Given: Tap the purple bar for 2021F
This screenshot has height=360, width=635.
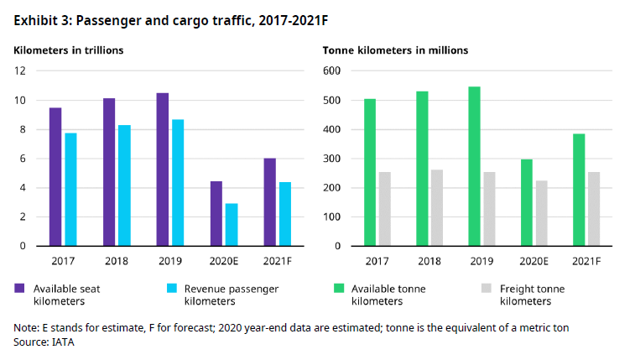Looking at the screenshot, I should coord(269,202).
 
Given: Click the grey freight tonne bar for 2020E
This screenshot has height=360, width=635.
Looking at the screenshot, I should coord(543,213).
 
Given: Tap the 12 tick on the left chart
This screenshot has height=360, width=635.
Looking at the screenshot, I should coord(19,71).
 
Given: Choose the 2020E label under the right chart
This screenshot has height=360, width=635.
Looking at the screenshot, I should coord(535,261).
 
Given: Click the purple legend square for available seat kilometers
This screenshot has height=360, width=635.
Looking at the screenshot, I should coord(19,289).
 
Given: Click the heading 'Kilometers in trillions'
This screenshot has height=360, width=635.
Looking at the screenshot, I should coord(69,50).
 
